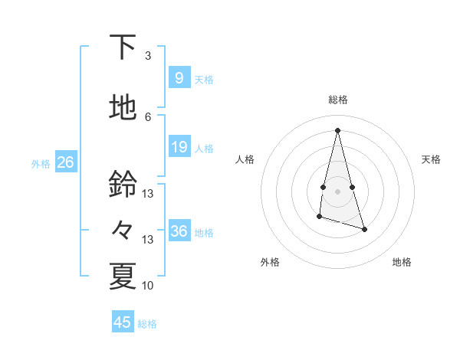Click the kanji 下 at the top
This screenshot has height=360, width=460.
click(123, 47)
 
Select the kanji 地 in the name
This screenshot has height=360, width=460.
click(123, 108)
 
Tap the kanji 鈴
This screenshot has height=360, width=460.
click(123, 185)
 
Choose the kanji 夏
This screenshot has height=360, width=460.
click(123, 277)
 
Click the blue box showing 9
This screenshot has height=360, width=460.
click(179, 78)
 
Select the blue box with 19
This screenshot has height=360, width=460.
click(179, 147)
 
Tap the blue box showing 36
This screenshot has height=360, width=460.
click(179, 231)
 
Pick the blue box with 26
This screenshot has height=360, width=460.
click(65, 162)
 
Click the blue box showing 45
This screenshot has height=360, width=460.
click(123, 322)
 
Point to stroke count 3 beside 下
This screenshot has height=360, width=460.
click(148, 56)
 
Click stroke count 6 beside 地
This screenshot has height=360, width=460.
click(148, 117)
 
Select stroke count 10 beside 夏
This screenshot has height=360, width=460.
click(148, 286)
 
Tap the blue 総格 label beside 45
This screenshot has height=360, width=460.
click(147, 324)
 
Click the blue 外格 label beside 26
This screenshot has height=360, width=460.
click(41, 163)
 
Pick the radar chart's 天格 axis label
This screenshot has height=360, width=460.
click(431, 159)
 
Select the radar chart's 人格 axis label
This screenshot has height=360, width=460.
click(245, 159)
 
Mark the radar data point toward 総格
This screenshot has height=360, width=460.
click(337, 130)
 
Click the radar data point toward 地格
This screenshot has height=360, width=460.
click(364, 229)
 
